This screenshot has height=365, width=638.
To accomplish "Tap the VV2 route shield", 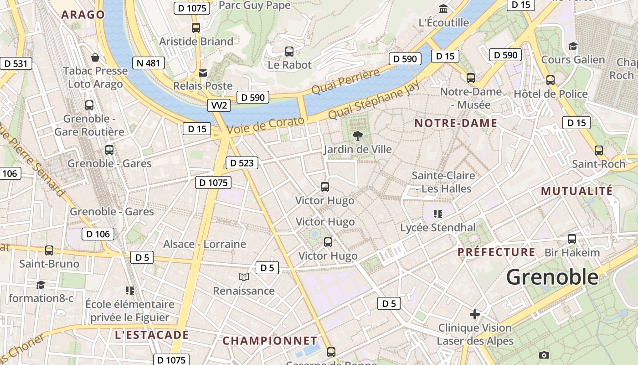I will [x=219, y=105].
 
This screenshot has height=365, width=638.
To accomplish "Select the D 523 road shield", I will [x=242, y=163].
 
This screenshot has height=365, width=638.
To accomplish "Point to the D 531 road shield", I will [x=16, y=63].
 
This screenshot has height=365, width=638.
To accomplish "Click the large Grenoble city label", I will [x=552, y=277].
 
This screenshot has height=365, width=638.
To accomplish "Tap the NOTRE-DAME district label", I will [x=456, y=123].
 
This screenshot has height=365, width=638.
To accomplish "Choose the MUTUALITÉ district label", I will [x=577, y=191].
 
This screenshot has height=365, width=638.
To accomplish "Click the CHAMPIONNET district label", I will [x=270, y=341].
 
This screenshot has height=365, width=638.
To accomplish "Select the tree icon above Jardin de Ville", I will [x=358, y=135].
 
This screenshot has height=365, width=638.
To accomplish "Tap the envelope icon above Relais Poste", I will [x=203, y=73].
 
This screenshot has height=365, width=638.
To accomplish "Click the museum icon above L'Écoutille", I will [x=443, y=9].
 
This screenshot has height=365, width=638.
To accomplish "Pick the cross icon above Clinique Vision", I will [x=475, y=314].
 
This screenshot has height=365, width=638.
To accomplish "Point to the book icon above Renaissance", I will [x=244, y=277].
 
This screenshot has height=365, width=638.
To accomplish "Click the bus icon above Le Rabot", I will [x=289, y=52].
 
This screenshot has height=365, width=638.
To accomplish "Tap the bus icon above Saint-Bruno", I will [x=49, y=250].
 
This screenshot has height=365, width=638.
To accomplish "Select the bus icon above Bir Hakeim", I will [x=572, y=239].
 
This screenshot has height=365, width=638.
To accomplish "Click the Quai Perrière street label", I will [x=345, y=82].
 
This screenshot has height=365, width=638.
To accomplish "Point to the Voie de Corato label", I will [x=265, y=125].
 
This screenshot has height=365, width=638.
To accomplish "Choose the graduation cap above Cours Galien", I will [x=573, y=46].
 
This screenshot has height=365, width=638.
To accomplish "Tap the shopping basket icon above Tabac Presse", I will [x=95, y=57].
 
